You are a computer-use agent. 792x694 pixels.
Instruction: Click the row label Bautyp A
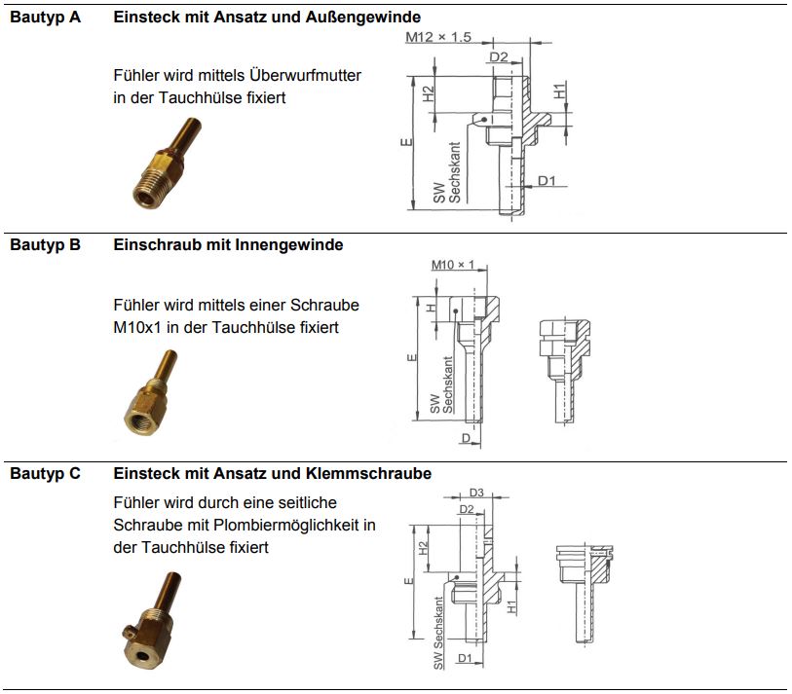[x=45, y=17]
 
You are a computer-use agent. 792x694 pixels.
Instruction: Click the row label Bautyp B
[x=45, y=245]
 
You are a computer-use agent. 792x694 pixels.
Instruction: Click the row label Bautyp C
[x=45, y=473]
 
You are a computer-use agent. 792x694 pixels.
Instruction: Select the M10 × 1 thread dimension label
[x=452, y=265]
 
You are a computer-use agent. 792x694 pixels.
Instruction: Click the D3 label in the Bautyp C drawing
[x=477, y=493]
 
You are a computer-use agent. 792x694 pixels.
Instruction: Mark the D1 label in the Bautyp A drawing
[x=546, y=181]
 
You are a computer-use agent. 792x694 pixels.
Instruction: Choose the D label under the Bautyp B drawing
[x=466, y=439]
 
